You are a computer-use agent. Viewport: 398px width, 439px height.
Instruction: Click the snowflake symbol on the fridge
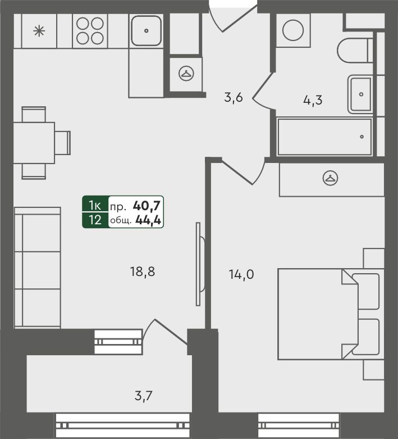click(39, 31)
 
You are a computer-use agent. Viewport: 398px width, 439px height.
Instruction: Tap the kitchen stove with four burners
click(90, 31)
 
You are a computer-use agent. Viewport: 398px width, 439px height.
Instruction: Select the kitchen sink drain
click(146, 31)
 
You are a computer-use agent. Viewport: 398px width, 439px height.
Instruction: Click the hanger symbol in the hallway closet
click(186, 73)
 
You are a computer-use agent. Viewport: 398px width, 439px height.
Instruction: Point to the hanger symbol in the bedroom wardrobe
click(330, 178)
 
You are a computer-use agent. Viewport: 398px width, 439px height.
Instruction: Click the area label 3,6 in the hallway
click(234, 98)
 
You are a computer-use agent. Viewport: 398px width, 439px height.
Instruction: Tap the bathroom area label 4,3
click(313, 100)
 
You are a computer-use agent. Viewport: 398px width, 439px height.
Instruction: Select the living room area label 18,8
click(143, 271)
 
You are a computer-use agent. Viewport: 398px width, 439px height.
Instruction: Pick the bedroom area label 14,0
click(241, 274)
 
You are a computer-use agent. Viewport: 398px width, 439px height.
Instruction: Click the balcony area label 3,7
click(144, 396)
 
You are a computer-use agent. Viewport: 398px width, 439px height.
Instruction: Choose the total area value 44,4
click(148, 220)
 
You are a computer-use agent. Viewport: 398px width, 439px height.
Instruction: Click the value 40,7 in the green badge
click(147, 206)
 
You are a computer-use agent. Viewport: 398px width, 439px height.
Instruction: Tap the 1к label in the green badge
click(95, 206)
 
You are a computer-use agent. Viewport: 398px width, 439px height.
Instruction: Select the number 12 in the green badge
click(95, 220)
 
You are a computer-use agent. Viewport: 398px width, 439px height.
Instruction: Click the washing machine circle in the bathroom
click(293, 30)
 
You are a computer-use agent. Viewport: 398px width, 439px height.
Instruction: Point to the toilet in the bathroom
click(355, 51)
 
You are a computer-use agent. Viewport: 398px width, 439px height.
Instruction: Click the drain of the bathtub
click(362, 137)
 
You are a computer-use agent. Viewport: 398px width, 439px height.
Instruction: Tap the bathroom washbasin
click(360, 94)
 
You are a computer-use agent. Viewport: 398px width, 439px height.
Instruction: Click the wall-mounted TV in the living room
click(200, 264)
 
